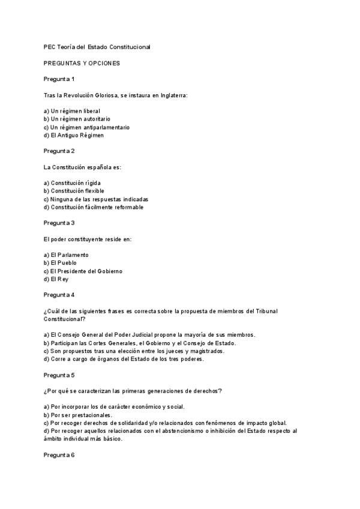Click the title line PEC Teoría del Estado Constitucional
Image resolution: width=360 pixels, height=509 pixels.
tap(97, 47)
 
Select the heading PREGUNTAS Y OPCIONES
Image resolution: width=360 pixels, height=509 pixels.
tap(82, 63)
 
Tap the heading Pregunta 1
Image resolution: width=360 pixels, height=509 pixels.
tap(59, 79)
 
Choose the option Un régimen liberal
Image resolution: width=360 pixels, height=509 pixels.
tap(72, 111)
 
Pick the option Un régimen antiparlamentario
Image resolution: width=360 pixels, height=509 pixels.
tap(86, 127)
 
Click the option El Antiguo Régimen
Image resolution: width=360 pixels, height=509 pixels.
tap(74, 135)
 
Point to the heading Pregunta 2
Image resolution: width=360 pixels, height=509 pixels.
tap(59, 151)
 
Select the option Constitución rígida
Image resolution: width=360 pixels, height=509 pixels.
tap(73, 182)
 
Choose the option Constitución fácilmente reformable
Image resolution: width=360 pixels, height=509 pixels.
tap(94, 207)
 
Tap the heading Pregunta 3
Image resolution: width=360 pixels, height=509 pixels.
tap(59, 223)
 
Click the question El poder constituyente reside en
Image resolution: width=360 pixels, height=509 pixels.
tap(88, 239)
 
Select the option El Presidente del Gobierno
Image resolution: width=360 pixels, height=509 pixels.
tap(83, 271)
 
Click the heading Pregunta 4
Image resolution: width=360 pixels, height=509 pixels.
tap(59, 295)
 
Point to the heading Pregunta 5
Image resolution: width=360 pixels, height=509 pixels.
tap(59, 375)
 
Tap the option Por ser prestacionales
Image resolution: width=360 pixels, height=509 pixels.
tap(78, 415)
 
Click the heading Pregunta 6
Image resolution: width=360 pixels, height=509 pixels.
tap(59, 455)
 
